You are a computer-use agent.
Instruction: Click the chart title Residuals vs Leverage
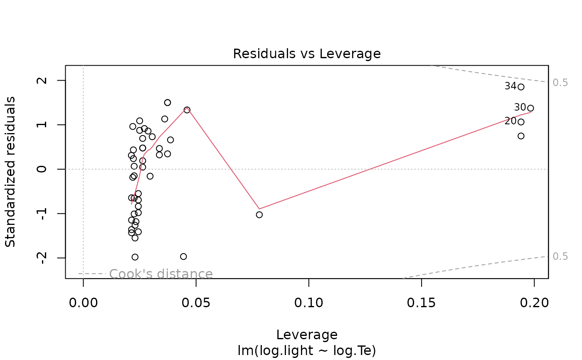(306, 54)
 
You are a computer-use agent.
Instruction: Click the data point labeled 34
(521, 87)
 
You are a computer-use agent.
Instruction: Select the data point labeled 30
(530, 108)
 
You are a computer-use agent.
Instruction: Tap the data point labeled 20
(521, 122)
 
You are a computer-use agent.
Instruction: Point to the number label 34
(510, 86)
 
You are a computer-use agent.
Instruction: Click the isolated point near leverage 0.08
(259, 215)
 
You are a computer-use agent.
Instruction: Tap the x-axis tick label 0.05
(196, 303)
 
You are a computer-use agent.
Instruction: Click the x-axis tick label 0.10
(308, 303)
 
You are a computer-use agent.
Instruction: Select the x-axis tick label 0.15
(422, 303)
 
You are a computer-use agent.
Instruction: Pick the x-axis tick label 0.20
(534, 303)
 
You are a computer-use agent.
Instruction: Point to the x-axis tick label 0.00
(83, 303)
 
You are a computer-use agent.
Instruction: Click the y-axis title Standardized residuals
(10, 172)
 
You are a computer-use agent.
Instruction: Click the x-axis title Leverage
(307, 335)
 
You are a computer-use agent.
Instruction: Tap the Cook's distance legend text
(161, 274)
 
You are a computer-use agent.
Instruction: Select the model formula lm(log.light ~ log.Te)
(307, 350)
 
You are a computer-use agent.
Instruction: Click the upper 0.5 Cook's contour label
(560, 83)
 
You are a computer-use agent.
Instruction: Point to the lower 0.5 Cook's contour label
(560, 256)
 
